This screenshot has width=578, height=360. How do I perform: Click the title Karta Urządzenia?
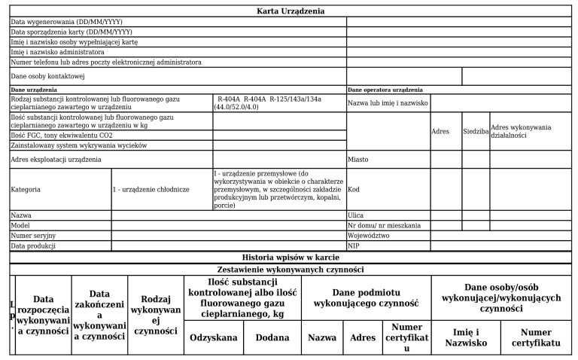click(291, 11)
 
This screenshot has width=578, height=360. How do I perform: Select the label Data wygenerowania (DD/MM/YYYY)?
click(67, 22)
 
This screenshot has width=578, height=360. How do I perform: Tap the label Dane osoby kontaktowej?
click(47, 76)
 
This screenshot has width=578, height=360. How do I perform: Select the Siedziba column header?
click(476, 131)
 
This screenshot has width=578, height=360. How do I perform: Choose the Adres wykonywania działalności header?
click(521, 131)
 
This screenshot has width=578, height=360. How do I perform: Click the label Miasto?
click(358, 160)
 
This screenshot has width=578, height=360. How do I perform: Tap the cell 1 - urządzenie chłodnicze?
click(151, 190)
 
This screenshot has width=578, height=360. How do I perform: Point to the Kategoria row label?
click(26, 190)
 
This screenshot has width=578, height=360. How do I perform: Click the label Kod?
click(354, 190)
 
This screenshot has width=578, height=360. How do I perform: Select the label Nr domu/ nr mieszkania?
click(384, 225)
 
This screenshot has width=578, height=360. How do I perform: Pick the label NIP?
click(354, 246)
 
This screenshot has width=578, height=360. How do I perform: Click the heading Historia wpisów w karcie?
click(291, 257)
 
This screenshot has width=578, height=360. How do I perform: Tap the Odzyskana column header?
click(214, 337)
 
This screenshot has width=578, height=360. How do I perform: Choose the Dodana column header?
click(272, 337)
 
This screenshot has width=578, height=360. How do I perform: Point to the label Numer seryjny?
click(34, 236)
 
